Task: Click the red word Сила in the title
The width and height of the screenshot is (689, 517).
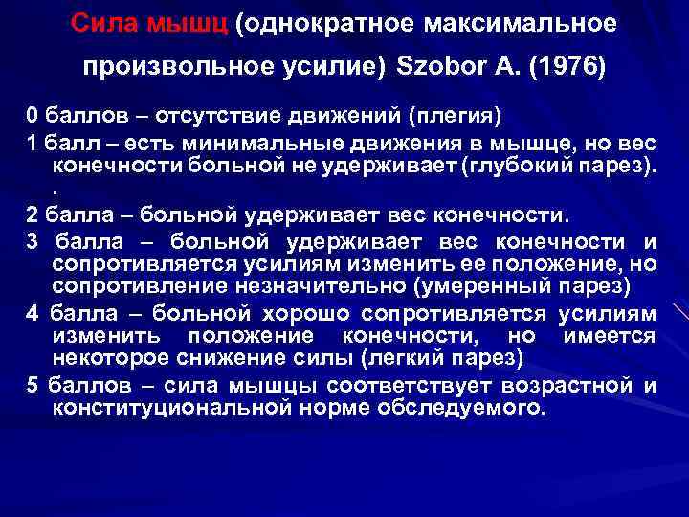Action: [x=104, y=25]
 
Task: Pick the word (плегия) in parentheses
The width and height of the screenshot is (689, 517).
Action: [x=451, y=117]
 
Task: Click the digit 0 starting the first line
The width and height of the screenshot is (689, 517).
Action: [x=33, y=117]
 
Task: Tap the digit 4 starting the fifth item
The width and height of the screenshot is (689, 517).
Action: [x=33, y=314]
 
